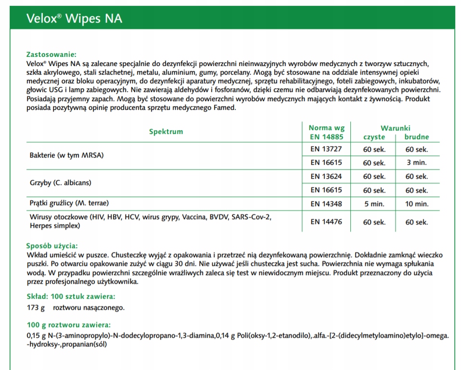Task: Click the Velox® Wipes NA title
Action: click(x=74, y=18)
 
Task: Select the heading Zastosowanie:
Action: click(x=51, y=54)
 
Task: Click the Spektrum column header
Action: click(x=166, y=132)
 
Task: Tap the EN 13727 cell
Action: click(x=326, y=149)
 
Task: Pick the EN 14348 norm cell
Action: click(x=326, y=204)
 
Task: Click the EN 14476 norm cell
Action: click(x=326, y=222)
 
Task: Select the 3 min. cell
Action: click(x=416, y=163)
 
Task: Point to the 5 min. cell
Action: click(x=374, y=204)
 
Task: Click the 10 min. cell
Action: click(x=416, y=204)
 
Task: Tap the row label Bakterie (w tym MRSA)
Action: click(x=66, y=156)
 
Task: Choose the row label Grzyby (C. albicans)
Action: click(x=60, y=183)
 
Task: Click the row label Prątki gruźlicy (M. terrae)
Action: click(x=72, y=203)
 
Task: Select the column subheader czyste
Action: click(x=374, y=137)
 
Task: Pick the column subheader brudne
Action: click(x=416, y=137)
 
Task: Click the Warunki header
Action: click(x=395, y=128)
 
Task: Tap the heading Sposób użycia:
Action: click(x=52, y=246)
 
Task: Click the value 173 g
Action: click(x=36, y=307)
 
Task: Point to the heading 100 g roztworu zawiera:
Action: click(x=68, y=325)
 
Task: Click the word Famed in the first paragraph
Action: click(x=224, y=107)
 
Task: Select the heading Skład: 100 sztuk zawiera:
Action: click(x=71, y=296)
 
